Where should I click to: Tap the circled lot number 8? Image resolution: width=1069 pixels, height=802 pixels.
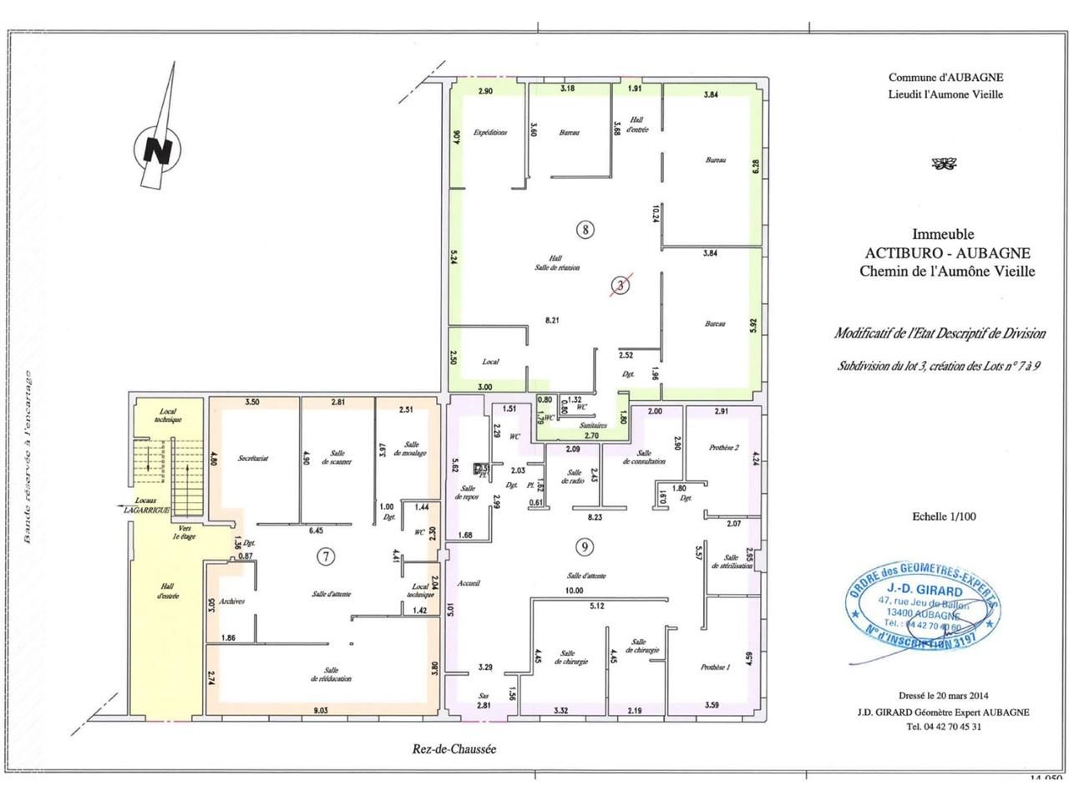click(x=585, y=228)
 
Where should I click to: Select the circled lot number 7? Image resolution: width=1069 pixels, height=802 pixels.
click(x=327, y=556)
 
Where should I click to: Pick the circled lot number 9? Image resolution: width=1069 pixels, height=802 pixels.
click(x=585, y=547)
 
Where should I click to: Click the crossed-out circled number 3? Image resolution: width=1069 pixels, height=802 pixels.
click(x=620, y=286)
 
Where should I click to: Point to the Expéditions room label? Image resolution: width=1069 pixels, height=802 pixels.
click(x=490, y=133)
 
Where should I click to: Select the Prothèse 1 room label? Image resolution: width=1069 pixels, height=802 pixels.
click(x=716, y=667)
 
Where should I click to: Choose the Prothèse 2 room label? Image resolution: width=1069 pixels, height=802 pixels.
click(x=723, y=447)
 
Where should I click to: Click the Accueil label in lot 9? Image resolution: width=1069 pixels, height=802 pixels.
click(x=470, y=583)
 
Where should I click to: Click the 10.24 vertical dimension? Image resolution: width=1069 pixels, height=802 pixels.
click(x=657, y=214)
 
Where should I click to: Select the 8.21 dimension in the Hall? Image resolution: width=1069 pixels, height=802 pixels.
click(x=551, y=320)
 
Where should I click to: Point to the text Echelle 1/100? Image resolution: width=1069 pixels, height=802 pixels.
click(x=944, y=516)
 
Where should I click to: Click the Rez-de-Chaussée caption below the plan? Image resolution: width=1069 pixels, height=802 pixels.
click(x=453, y=749)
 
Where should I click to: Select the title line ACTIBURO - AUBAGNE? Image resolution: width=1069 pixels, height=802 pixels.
click(x=947, y=253)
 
